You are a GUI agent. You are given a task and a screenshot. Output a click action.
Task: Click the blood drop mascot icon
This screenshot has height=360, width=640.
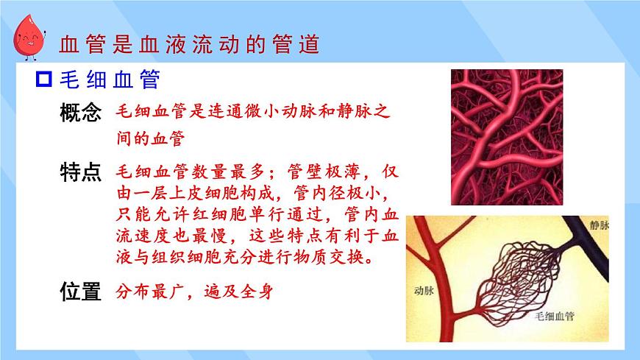tap(29, 38)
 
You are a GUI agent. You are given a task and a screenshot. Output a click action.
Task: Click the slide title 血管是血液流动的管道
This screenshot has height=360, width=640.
tap(189, 44)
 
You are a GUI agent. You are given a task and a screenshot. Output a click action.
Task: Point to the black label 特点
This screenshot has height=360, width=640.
tap(79, 174)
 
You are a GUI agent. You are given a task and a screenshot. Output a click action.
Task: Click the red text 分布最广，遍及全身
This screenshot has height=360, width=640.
tap(195, 292)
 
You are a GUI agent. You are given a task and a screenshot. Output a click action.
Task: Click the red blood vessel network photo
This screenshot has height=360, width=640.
tap(506, 136)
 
